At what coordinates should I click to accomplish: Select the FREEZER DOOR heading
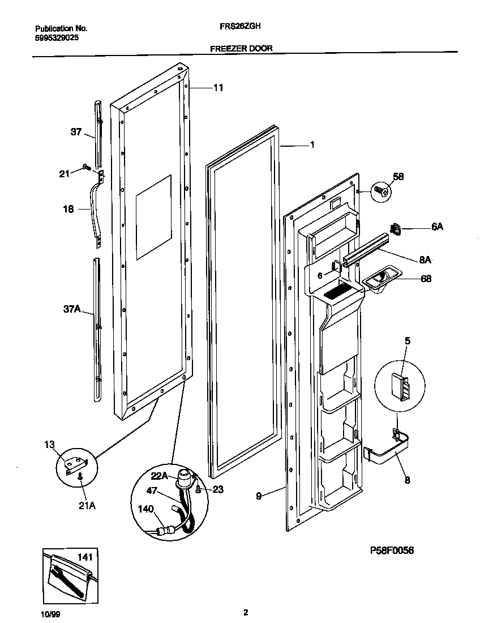tap(241, 49)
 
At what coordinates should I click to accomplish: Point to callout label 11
tap(218, 88)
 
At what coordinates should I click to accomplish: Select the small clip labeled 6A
tap(396, 229)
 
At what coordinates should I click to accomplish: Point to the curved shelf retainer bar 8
tap(391, 455)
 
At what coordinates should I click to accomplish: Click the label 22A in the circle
tap(159, 475)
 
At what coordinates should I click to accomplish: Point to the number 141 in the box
tap(84, 558)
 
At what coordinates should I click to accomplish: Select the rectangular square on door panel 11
tap(153, 216)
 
